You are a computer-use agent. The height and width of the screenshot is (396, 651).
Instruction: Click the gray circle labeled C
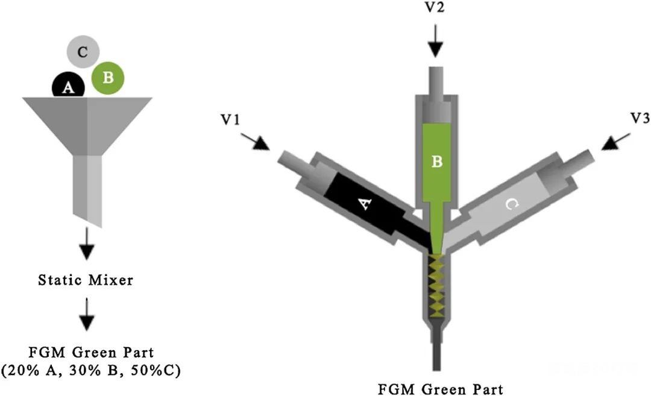83,52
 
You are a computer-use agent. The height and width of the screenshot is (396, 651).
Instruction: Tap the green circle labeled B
108,77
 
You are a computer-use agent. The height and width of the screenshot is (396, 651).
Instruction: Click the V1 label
230,119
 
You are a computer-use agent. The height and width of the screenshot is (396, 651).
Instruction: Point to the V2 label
435,7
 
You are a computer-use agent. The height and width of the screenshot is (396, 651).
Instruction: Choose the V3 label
640,118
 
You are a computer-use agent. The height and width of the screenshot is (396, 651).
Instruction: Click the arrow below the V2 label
435,40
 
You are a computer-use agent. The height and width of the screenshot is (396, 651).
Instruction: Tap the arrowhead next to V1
262,143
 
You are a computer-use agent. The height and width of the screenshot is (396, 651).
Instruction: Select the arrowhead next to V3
610,143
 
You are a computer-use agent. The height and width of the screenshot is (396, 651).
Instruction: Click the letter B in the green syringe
437,161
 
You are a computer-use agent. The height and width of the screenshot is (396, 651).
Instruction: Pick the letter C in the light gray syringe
512,204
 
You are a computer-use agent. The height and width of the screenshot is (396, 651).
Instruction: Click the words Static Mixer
86,280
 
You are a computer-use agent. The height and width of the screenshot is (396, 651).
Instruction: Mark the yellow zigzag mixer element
437,284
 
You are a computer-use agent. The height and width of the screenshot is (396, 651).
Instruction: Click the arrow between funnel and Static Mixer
86,244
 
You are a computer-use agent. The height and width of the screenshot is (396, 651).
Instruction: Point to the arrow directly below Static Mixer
86,314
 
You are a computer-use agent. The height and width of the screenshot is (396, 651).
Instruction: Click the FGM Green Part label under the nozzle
441,390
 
